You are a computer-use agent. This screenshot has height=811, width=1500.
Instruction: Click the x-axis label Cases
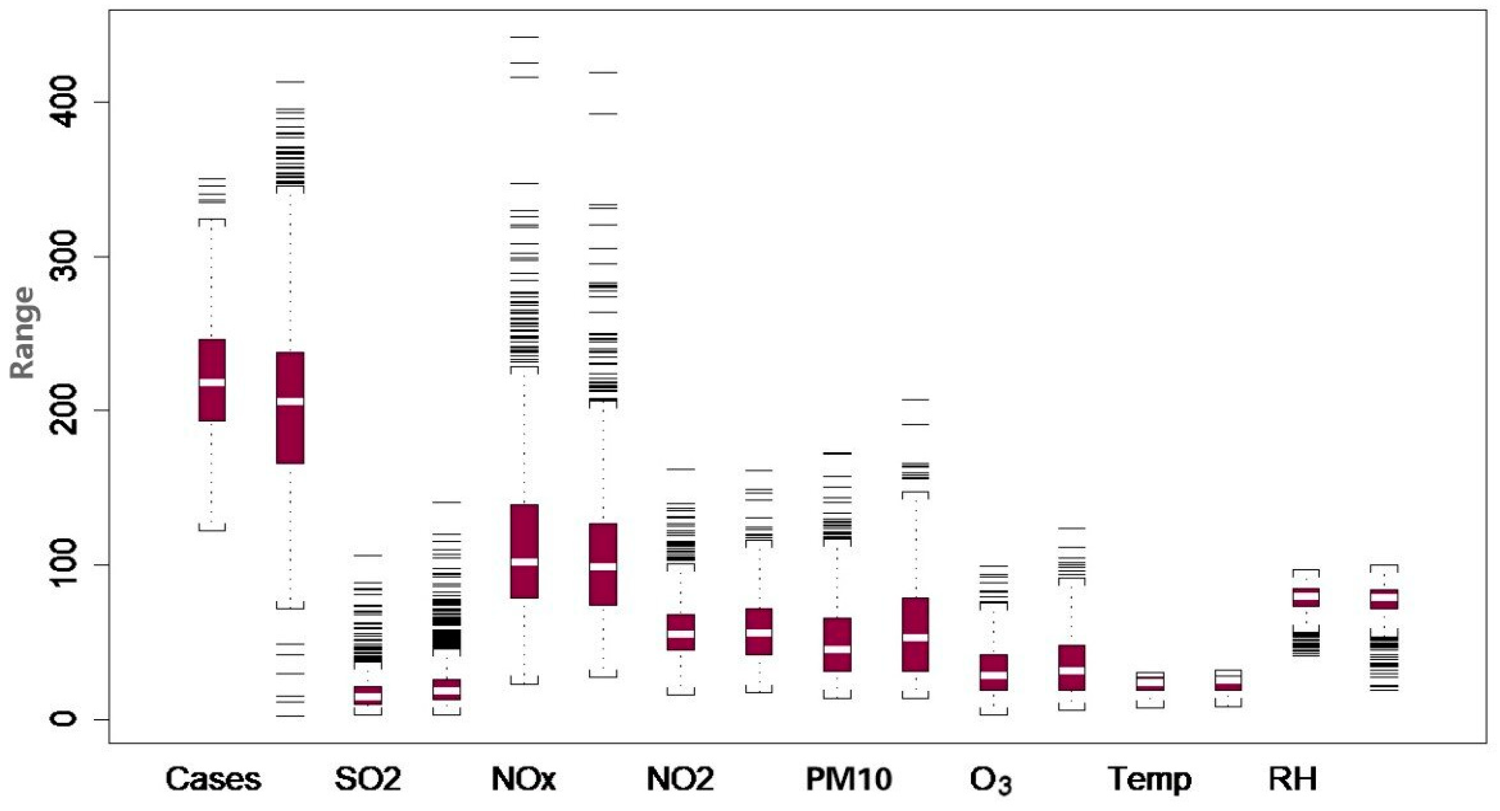(x=213, y=779)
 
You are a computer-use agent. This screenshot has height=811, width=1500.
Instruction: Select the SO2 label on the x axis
(x=368, y=779)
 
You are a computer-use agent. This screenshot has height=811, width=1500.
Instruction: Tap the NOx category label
(x=523, y=779)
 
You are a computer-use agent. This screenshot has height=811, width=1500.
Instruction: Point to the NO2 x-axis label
(x=680, y=779)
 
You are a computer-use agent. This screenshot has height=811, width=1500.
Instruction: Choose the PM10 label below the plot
(x=848, y=779)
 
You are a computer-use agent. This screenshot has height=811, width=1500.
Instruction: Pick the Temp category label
(x=1150, y=779)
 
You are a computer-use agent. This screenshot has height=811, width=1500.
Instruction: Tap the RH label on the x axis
(x=1293, y=779)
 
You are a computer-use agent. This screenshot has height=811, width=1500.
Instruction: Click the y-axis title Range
(x=23, y=333)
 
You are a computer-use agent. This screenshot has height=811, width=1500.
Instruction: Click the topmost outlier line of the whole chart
(x=524, y=37)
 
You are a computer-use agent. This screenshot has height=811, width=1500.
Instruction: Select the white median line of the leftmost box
(x=212, y=382)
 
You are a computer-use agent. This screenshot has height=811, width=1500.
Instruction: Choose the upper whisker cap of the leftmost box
(x=212, y=219)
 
